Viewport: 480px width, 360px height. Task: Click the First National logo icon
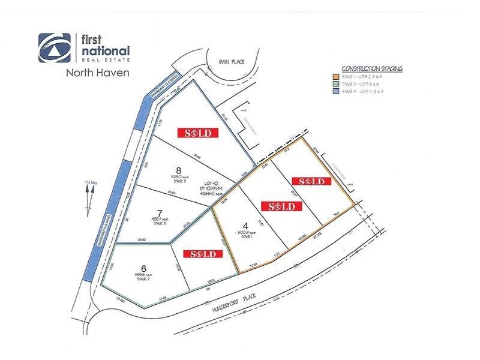(x=55, y=48)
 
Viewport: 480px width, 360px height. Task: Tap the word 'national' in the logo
(x=105, y=51)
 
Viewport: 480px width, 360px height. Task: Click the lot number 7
(x=160, y=212)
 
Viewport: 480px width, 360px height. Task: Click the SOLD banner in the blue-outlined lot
(x=197, y=133)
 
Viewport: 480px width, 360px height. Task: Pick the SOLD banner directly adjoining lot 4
(x=280, y=206)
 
